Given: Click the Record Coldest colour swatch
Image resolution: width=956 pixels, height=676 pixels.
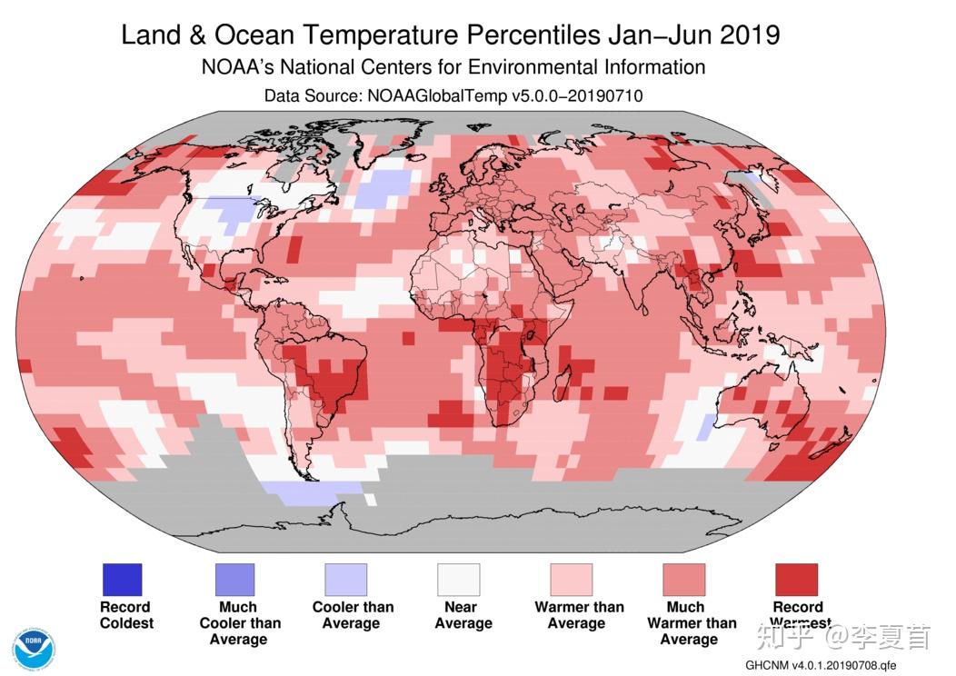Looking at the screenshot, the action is pyautogui.click(x=122, y=579).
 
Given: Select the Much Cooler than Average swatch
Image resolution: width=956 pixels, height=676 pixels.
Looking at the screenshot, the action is pyautogui.click(x=234, y=579).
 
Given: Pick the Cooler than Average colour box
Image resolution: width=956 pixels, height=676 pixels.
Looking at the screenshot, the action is pyautogui.click(x=345, y=579).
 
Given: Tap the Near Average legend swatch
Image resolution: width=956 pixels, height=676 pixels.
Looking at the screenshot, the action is pyautogui.click(x=459, y=579).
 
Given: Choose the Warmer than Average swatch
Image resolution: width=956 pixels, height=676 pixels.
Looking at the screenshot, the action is pyautogui.click(x=572, y=579).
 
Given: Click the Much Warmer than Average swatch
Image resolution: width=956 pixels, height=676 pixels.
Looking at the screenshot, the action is pyautogui.click(x=684, y=579).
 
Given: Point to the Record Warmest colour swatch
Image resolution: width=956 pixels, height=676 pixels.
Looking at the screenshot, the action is pyautogui.click(x=796, y=579).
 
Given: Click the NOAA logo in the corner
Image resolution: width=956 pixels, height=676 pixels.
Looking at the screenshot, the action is pyautogui.click(x=35, y=650).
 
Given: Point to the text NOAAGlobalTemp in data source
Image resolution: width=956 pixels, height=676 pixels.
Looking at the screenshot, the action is pyautogui.click(x=436, y=95).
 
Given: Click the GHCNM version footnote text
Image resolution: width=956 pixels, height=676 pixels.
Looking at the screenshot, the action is pyautogui.click(x=820, y=664).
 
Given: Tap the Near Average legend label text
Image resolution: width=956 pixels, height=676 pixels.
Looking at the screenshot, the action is pyautogui.click(x=463, y=615).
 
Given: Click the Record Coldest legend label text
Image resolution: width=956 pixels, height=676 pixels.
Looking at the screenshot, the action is pyautogui.click(x=126, y=615).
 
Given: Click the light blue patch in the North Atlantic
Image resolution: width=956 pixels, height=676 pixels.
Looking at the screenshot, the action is pyautogui.click(x=384, y=189).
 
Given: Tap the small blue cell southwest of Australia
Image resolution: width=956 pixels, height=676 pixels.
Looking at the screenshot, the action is pyautogui.click(x=706, y=427).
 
